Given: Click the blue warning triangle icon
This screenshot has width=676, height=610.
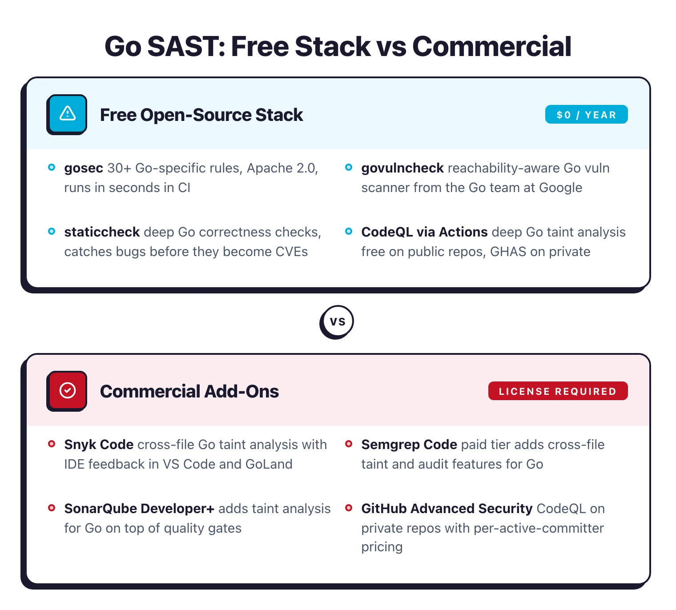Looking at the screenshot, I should point(67,114).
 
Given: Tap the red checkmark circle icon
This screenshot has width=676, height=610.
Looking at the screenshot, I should point(67,390).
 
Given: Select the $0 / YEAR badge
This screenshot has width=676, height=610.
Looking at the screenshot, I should point(586,115).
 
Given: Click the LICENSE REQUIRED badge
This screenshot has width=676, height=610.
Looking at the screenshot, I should point(558,391).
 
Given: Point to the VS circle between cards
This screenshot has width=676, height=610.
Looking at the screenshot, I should point(337,321).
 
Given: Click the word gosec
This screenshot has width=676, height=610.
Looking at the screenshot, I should point(84,168).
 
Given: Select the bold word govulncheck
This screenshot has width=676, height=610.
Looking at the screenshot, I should point(402,168).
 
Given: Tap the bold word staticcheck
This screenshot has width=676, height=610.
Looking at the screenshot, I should point(102,232).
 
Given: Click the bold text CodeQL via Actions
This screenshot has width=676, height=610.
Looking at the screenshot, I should point(424,232).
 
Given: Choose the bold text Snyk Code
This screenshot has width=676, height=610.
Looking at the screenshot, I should point(99,445).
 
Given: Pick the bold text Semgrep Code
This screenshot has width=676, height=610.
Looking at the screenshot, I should point(409,445).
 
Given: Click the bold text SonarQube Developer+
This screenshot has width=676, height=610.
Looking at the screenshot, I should point(139,509).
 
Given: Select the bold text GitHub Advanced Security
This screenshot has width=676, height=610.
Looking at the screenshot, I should point(447,509).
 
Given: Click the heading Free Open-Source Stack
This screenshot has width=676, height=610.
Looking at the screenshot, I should point(201,115).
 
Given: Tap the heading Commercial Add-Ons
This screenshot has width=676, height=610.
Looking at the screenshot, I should point(189,391).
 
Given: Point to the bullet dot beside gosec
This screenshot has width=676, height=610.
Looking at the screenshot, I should point(52,168).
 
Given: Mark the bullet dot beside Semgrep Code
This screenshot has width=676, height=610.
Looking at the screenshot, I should point(349,444).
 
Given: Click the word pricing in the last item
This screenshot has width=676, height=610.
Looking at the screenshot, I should point(382,547).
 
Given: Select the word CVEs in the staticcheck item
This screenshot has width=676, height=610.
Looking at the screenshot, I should point(291,252).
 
